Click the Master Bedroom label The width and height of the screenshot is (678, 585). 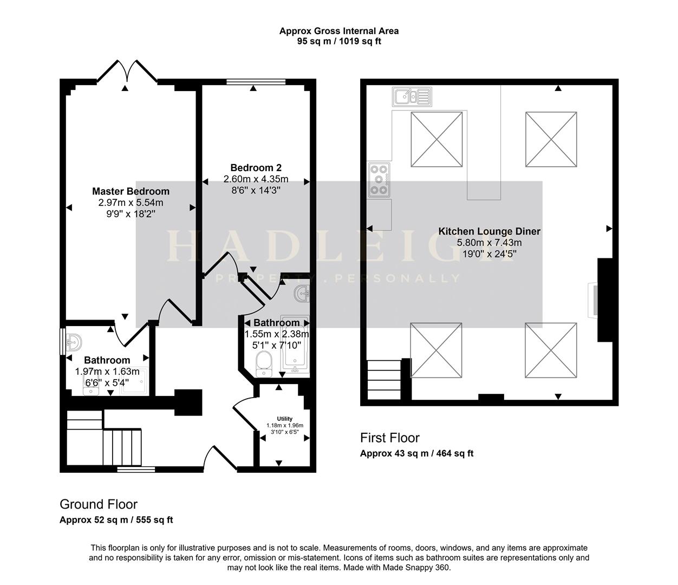[x=131, y=191]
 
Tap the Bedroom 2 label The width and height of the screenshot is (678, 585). [x=256, y=168]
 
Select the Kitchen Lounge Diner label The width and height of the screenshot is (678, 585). [x=489, y=231]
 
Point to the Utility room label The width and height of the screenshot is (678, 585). [x=284, y=419]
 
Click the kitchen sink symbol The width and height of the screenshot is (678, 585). [x=411, y=96]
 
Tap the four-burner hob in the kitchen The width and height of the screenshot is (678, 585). [x=379, y=180]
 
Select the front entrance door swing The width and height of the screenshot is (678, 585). [x=219, y=458]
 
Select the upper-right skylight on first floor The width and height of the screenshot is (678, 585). [x=551, y=139]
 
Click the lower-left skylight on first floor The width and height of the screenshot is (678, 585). [x=436, y=350]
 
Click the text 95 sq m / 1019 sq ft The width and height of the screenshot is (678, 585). [x=339, y=41]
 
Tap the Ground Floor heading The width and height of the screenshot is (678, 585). [x=99, y=504]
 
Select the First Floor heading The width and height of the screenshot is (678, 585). [x=390, y=438]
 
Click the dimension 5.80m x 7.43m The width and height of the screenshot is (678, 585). [x=489, y=243]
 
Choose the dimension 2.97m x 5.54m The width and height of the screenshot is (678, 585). [x=131, y=203]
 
